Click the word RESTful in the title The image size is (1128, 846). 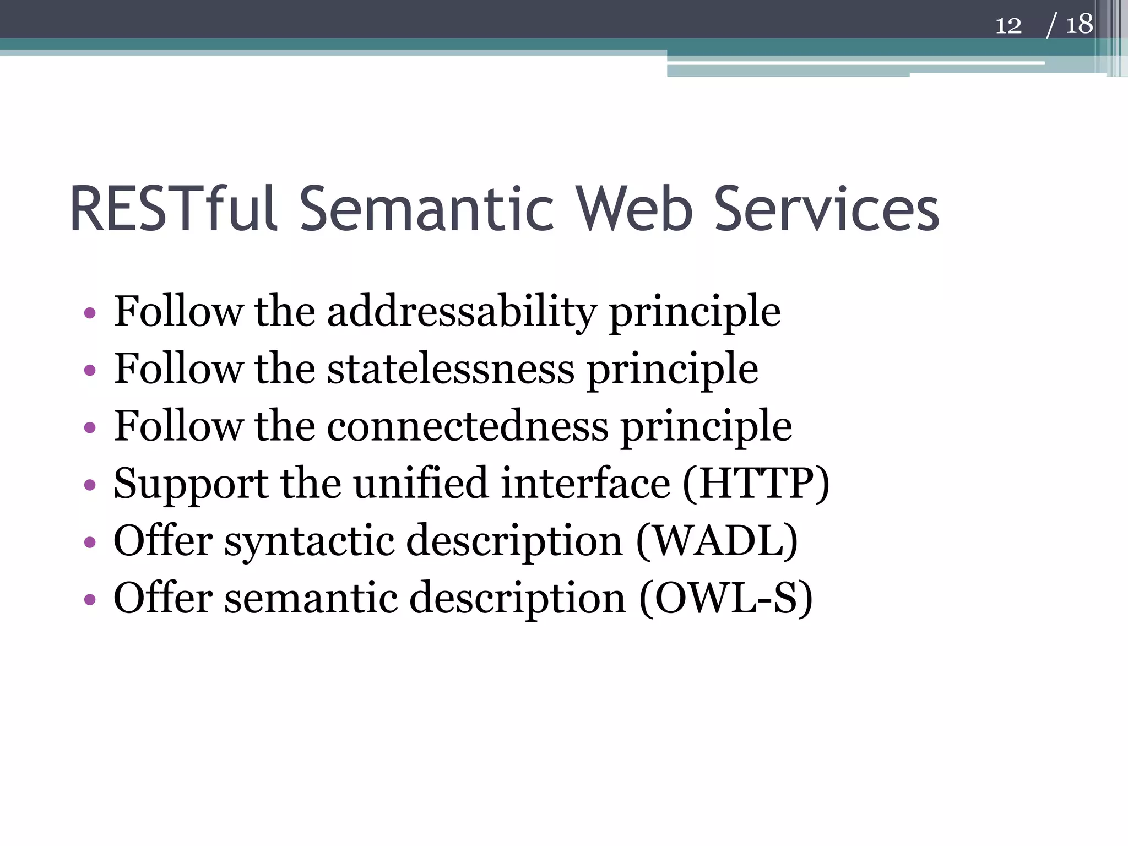tap(172, 209)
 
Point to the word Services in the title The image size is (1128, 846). tap(826, 209)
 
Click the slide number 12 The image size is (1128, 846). tap(1008, 25)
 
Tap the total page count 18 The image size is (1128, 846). tap(1078, 25)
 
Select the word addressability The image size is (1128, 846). tap(462, 312)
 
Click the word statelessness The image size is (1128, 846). tap(451, 369)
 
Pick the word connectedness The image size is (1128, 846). tap(468, 426)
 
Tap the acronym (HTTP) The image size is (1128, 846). tap(756, 484)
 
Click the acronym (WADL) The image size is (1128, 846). tap(717, 541)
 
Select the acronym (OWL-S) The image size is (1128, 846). tap(725, 598)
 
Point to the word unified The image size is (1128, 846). tap(421, 484)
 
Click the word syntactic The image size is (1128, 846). tap(309, 541)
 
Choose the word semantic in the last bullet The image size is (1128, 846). tap(311, 598)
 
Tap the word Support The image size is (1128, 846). tap(191, 484)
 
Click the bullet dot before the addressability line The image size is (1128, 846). tap(90, 314)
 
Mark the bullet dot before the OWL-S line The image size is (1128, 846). tap(90, 600)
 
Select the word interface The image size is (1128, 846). tap(586, 484)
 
